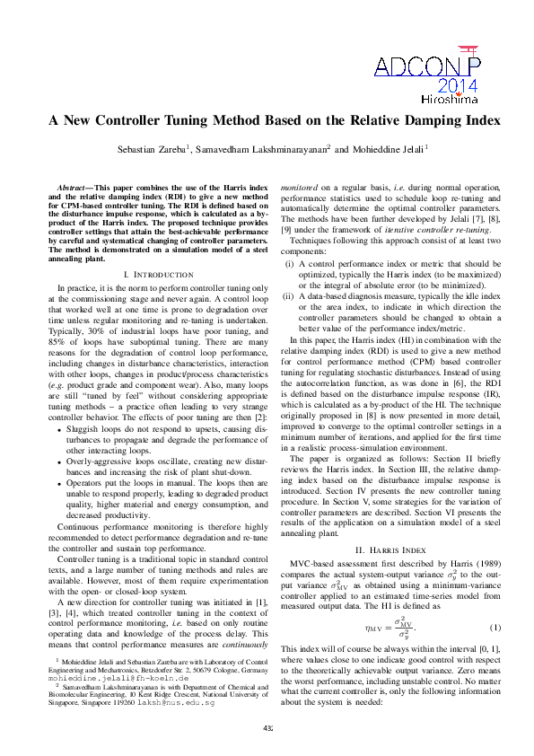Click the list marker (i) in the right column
pyautogui.click(x=289, y=264)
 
